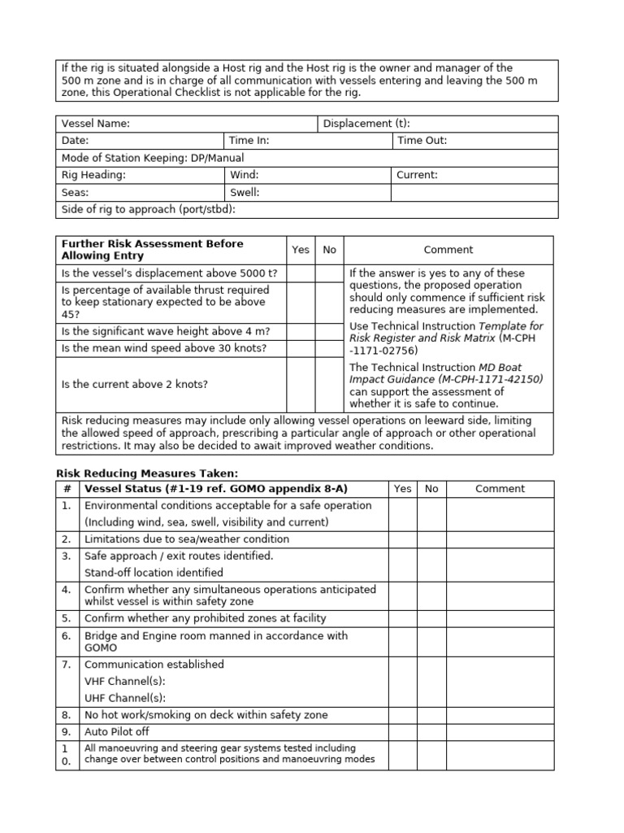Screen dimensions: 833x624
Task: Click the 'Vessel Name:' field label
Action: point(96,124)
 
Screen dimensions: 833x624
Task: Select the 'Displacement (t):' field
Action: point(366,124)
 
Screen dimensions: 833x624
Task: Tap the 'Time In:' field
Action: point(249,141)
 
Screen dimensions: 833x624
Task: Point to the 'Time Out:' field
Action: point(421,141)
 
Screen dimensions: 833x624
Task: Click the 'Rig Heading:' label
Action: point(93,175)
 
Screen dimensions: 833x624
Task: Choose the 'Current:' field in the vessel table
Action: point(417,175)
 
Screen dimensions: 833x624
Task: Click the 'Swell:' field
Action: point(245,193)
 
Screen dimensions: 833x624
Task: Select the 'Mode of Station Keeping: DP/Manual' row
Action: point(153,158)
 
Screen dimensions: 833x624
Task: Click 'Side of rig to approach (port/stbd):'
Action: point(149,210)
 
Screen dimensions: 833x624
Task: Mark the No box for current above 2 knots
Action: point(329,384)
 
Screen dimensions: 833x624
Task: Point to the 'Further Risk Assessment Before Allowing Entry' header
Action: point(152,250)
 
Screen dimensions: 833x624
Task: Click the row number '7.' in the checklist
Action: point(67,665)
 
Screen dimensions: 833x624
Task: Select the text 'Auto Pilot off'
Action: point(117,732)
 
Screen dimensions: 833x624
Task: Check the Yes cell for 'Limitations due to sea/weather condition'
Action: point(403,539)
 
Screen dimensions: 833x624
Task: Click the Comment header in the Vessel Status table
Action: point(500,489)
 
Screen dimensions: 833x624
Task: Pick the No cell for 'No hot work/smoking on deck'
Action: point(431,715)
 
